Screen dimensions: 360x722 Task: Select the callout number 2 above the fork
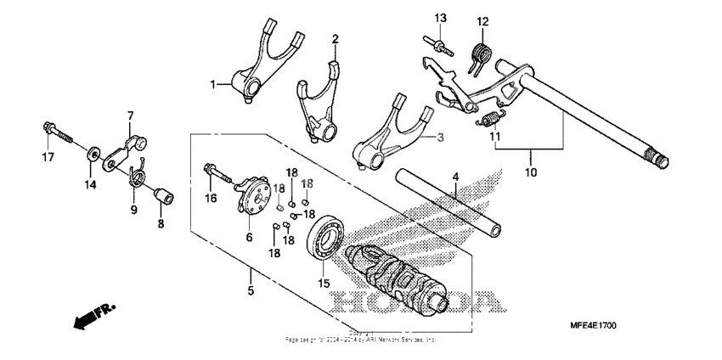[x=335, y=39]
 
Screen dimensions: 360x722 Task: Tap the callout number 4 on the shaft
[x=455, y=177]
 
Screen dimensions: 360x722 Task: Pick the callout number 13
[x=440, y=18]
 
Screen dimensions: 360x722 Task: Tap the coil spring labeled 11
[x=488, y=120]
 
